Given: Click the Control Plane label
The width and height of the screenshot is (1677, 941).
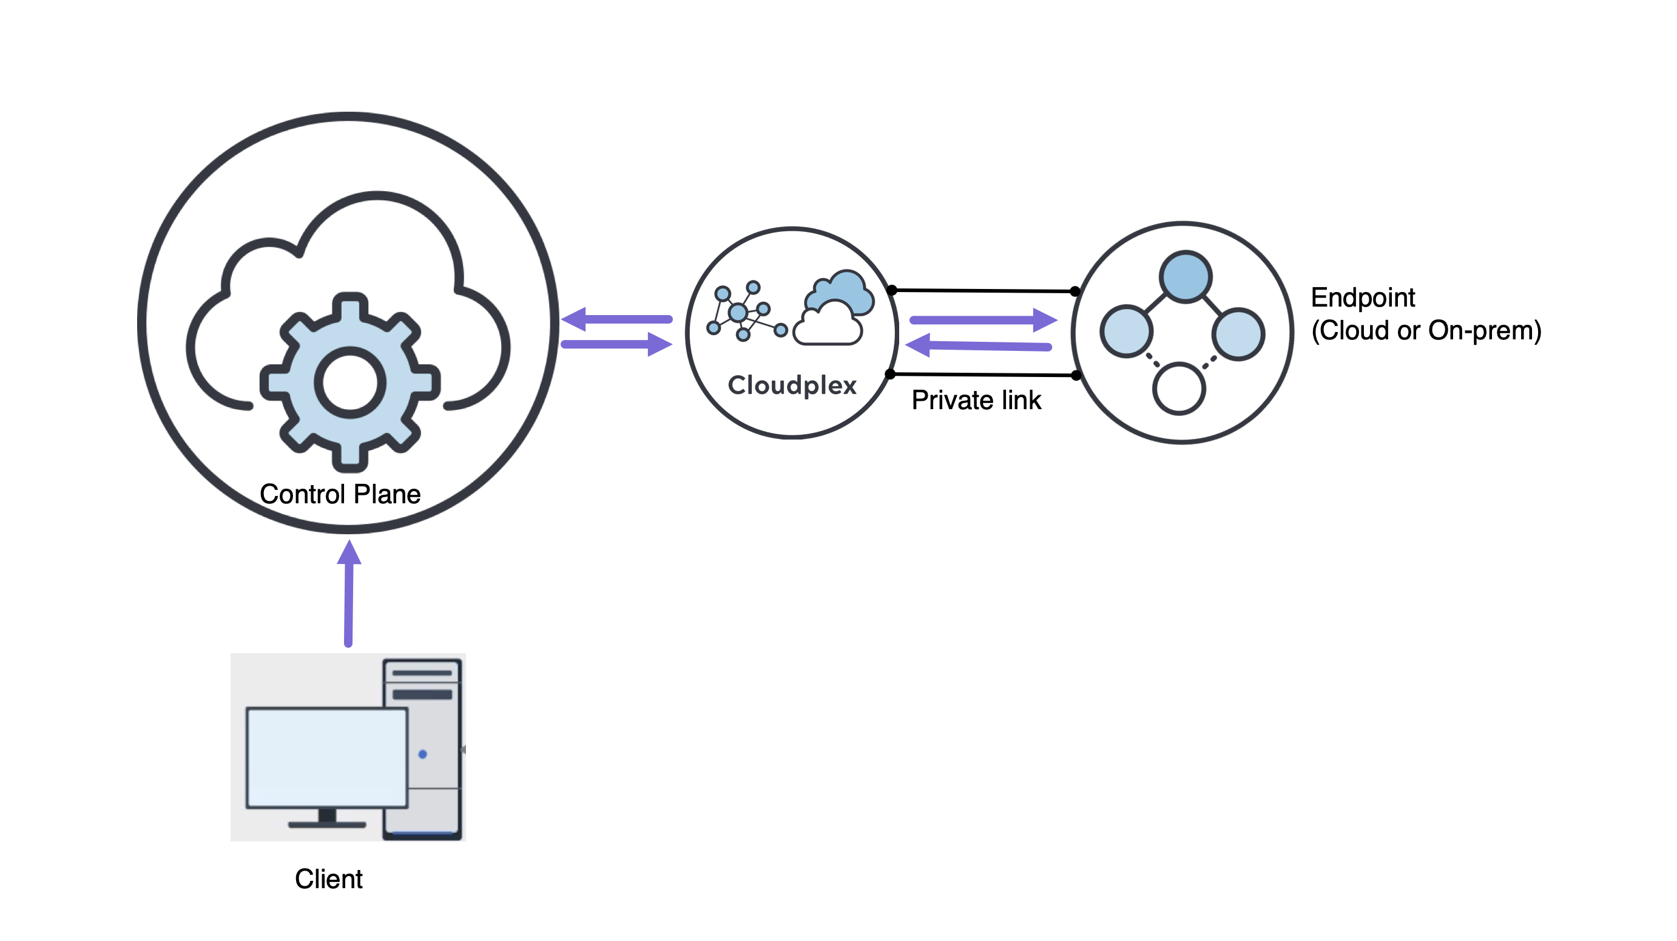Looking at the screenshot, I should [340, 494].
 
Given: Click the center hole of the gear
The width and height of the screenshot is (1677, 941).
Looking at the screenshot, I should [350, 383].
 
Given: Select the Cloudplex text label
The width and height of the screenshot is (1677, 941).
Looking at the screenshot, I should [792, 386].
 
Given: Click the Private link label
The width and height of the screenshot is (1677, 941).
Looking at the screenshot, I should [976, 400].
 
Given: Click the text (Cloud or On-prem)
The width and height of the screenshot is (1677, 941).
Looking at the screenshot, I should [1426, 331].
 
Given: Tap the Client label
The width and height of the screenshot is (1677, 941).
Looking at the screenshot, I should [328, 879].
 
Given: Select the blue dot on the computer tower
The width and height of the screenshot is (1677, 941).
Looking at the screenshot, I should [422, 754].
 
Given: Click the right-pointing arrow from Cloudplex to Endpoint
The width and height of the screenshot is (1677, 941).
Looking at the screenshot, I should [982, 320].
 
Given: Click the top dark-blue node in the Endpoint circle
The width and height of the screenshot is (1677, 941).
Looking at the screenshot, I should [1185, 277].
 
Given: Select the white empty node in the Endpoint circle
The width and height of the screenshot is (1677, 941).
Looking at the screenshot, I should [1178, 389].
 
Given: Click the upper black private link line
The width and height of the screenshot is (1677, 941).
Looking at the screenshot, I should [983, 290].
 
